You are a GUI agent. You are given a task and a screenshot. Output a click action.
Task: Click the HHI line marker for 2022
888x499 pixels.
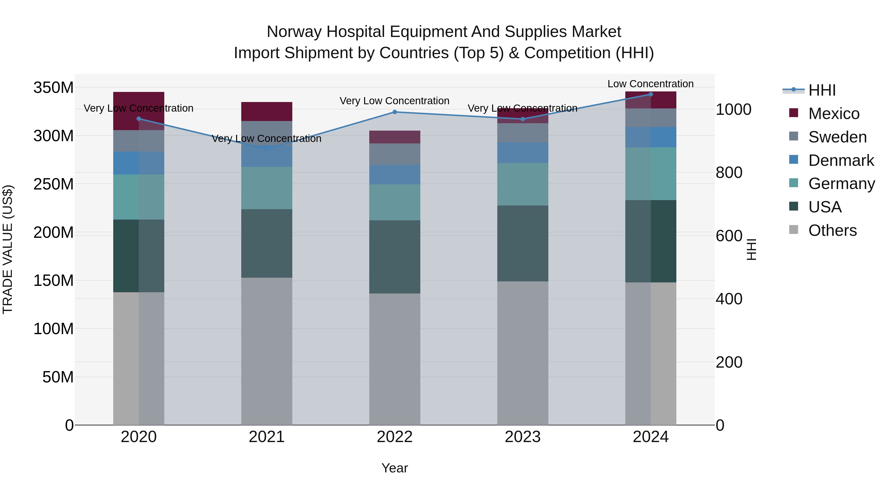pos(395,112)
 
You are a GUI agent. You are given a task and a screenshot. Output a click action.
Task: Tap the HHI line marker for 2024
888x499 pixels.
pos(650,94)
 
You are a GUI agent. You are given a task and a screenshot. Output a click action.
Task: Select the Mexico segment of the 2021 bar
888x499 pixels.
pos(266,111)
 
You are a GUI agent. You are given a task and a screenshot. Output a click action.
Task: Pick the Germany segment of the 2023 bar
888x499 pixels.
pos(523,184)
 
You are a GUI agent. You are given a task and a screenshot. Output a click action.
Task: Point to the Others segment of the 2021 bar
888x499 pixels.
pos(266,351)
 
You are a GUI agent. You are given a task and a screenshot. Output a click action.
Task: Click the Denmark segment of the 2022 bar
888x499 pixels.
pos(395,175)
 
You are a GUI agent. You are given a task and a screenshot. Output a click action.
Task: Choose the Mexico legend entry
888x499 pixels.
pos(833,114)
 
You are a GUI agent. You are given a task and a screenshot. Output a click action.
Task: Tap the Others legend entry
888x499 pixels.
pos(832,230)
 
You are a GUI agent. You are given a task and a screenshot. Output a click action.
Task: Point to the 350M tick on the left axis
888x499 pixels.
pos(54,87)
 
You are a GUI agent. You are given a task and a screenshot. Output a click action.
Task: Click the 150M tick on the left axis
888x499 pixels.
pos(54,280)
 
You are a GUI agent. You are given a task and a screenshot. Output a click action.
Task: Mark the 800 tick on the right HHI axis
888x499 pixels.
pos(729,172)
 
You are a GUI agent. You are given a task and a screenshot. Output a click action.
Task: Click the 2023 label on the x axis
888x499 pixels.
pos(523,437)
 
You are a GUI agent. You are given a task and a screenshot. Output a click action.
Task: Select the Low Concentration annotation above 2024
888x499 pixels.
pos(650,84)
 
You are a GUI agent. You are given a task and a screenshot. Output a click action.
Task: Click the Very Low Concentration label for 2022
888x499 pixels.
pos(394,101)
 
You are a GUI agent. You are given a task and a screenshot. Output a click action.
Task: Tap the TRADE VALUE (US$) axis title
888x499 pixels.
pos(8,249)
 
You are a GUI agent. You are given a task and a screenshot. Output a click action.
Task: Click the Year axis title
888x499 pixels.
pos(394,468)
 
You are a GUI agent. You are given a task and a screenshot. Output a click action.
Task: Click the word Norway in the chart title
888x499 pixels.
pos(294,32)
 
